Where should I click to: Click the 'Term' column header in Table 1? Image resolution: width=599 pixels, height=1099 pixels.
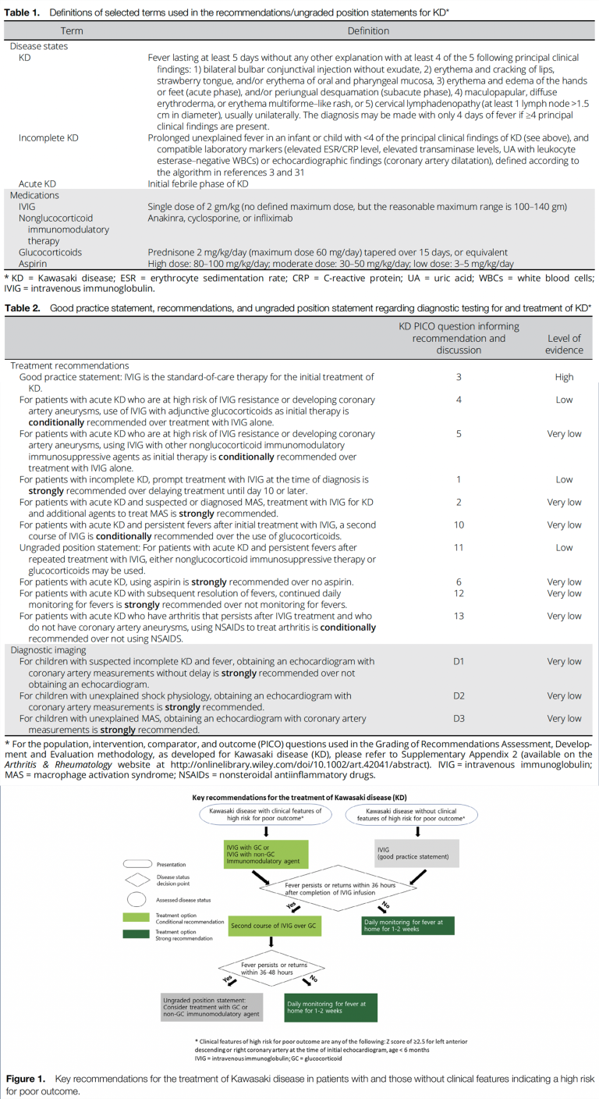tap(72, 31)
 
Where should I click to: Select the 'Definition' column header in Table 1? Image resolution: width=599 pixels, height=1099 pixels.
tap(368, 31)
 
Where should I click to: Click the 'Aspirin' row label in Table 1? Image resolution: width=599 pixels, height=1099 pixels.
tap(34, 264)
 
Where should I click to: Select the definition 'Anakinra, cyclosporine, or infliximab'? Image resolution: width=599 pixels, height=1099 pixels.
tap(220, 219)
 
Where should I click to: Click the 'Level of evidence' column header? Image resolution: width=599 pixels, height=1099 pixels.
tap(564, 344)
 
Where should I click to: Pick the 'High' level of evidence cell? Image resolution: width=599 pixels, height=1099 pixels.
tap(564, 377)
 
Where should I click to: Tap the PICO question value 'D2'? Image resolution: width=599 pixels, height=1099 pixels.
tap(459, 695)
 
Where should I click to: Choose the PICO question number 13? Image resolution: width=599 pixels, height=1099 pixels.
tap(459, 616)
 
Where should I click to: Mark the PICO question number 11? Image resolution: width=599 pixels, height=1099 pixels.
tap(459, 548)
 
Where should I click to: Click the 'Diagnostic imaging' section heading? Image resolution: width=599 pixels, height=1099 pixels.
tap(49, 649)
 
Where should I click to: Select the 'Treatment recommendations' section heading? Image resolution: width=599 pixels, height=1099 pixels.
tap(69, 365)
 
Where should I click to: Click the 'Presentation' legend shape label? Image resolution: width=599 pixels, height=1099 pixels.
tap(172, 864)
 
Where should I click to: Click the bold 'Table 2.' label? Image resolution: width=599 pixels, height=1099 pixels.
tap(23, 308)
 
